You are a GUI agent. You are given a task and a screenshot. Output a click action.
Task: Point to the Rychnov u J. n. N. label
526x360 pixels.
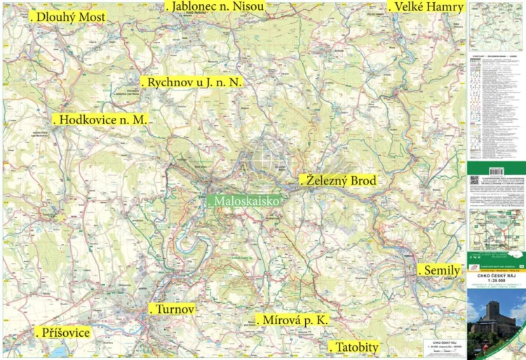point(193,82)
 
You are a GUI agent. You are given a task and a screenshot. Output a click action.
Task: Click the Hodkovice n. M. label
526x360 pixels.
point(102,120)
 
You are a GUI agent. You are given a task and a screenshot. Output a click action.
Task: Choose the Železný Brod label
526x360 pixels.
point(339,180)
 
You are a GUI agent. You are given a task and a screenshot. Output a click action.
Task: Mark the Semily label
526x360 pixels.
point(440,270)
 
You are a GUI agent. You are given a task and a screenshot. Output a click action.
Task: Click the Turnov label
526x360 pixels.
point(173,309)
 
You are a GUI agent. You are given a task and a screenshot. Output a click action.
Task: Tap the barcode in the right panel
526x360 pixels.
point(496,171)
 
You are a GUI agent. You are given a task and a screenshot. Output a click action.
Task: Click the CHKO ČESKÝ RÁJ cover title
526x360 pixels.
point(496,276)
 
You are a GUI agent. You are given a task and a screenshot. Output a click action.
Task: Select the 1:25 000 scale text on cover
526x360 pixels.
point(496,282)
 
